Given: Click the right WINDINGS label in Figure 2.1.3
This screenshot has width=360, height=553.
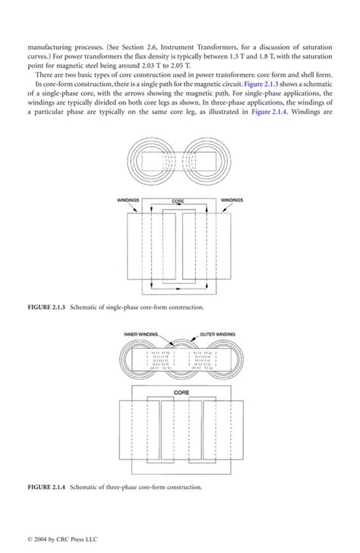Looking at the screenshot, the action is pos(232,201).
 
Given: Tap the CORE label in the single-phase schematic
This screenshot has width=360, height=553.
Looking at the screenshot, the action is pos(178,201).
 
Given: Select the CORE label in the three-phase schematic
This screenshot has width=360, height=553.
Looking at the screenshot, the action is pos(182,393).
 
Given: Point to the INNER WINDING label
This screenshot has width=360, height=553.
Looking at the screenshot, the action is pos(141,333).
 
